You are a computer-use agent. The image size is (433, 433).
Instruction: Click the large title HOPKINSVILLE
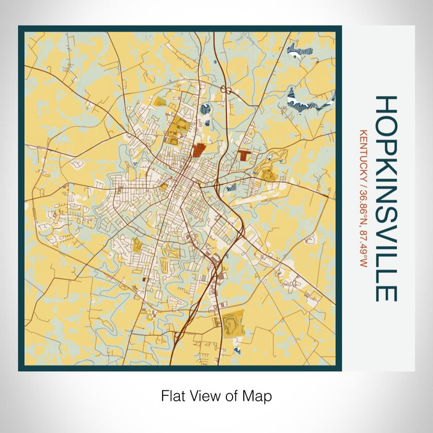coord(385,198)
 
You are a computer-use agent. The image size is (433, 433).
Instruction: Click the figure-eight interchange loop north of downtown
coord(227,90)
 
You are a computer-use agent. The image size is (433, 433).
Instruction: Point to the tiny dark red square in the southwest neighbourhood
coord(144,280)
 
